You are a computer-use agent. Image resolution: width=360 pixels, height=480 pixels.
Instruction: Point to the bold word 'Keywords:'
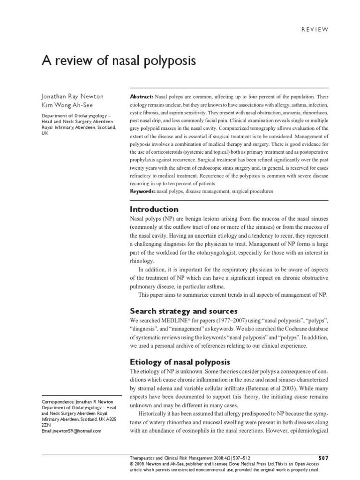pyautogui.click(x=142, y=192)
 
